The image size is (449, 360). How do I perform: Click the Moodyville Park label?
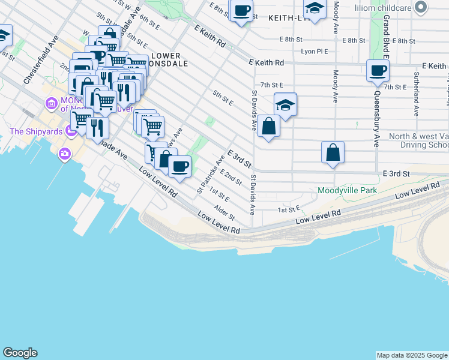(347, 191)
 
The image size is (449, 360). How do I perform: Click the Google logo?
(20, 353)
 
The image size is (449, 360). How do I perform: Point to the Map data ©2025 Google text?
(412, 355)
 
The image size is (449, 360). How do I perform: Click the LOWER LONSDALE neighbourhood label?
(166, 59)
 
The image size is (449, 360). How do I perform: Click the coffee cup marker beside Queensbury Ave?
(378, 71)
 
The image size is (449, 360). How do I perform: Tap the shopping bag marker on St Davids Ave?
(269, 126)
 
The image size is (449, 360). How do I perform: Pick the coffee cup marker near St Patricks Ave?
(179, 166)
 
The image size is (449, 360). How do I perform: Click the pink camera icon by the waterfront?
(64, 155)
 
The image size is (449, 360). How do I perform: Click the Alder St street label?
(224, 212)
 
